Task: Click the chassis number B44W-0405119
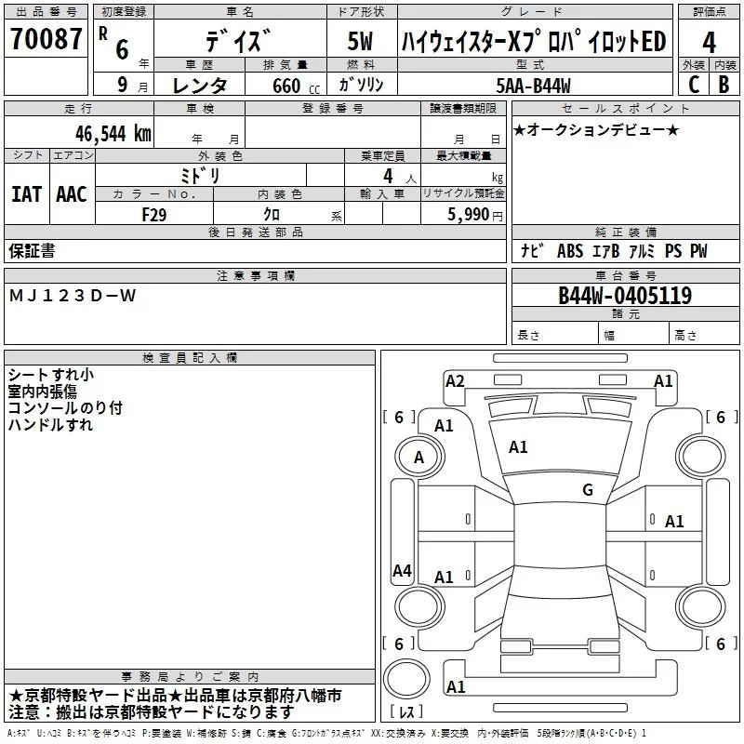pyautogui.click(x=624, y=296)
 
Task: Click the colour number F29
pyautogui.click(x=153, y=213)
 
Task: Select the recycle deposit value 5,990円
pyautogui.click(x=474, y=213)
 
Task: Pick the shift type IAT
pyautogui.click(x=26, y=193)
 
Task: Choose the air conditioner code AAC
pyautogui.click(x=71, y=193)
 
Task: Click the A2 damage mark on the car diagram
pyautogui.click(x=455, y=380)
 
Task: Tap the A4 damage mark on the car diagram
pyautogui.click(x=402, y=571)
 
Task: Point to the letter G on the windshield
pyautogui.click(x=588, y=490)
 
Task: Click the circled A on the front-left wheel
pyautogui.click(x=418, y=457)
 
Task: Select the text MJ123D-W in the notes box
pyautogui.click(x=72, y=296)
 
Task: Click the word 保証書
pyautogui.click(x=32, y=250)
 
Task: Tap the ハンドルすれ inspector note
pyautogui.click(x=50, y=425)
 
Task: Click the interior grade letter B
pyautogui.click(x=724, y=84)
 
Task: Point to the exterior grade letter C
pyautogui.click(x=693, y=84)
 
